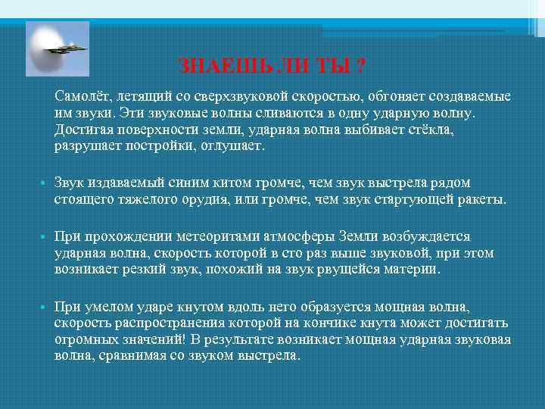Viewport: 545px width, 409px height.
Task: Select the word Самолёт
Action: click(82, 98)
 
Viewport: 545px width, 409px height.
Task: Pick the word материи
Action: click(416, 269)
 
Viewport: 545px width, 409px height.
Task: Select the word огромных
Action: click(83, 339)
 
